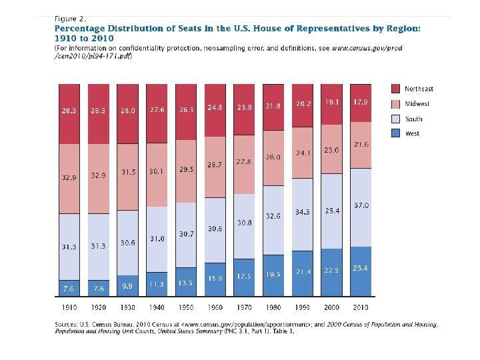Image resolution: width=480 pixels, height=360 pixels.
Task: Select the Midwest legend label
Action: tap(418, 104)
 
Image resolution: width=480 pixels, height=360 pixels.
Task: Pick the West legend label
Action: tap(412, 134)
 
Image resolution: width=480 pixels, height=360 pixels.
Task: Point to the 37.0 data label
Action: tap(361, 206)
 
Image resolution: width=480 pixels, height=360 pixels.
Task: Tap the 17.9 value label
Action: tap(361, 102)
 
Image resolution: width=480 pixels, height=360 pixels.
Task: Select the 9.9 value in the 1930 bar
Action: tap(128, 286)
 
